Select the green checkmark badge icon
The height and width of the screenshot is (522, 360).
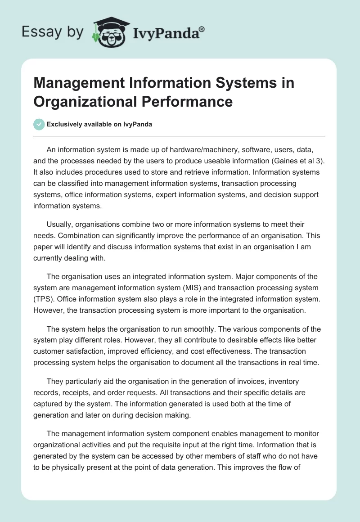(39, 125)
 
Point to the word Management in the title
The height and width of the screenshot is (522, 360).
(72, 84)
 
